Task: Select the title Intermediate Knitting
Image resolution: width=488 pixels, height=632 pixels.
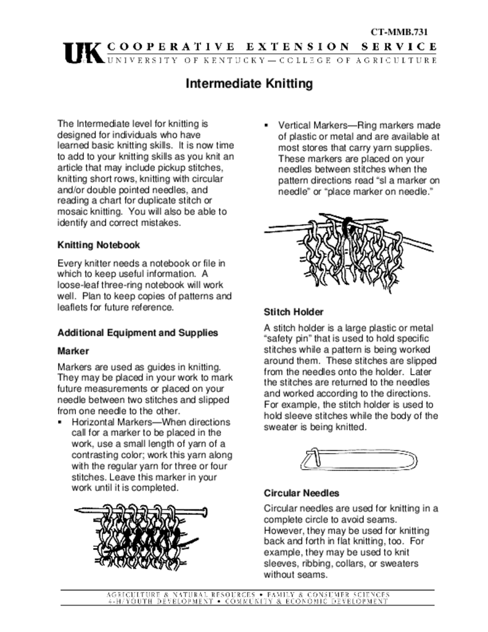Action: coord(250,83)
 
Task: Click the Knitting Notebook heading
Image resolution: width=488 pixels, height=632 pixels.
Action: coord(99,245)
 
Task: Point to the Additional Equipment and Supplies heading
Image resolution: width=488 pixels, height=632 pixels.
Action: coord(138,333)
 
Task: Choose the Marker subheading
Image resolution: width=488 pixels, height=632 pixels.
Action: coord(74,351)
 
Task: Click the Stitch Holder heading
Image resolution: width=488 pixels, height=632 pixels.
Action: coord(294,312)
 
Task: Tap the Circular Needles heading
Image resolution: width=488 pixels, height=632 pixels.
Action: coord(302,493)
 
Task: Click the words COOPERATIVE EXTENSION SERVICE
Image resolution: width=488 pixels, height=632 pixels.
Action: coord(272,46)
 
